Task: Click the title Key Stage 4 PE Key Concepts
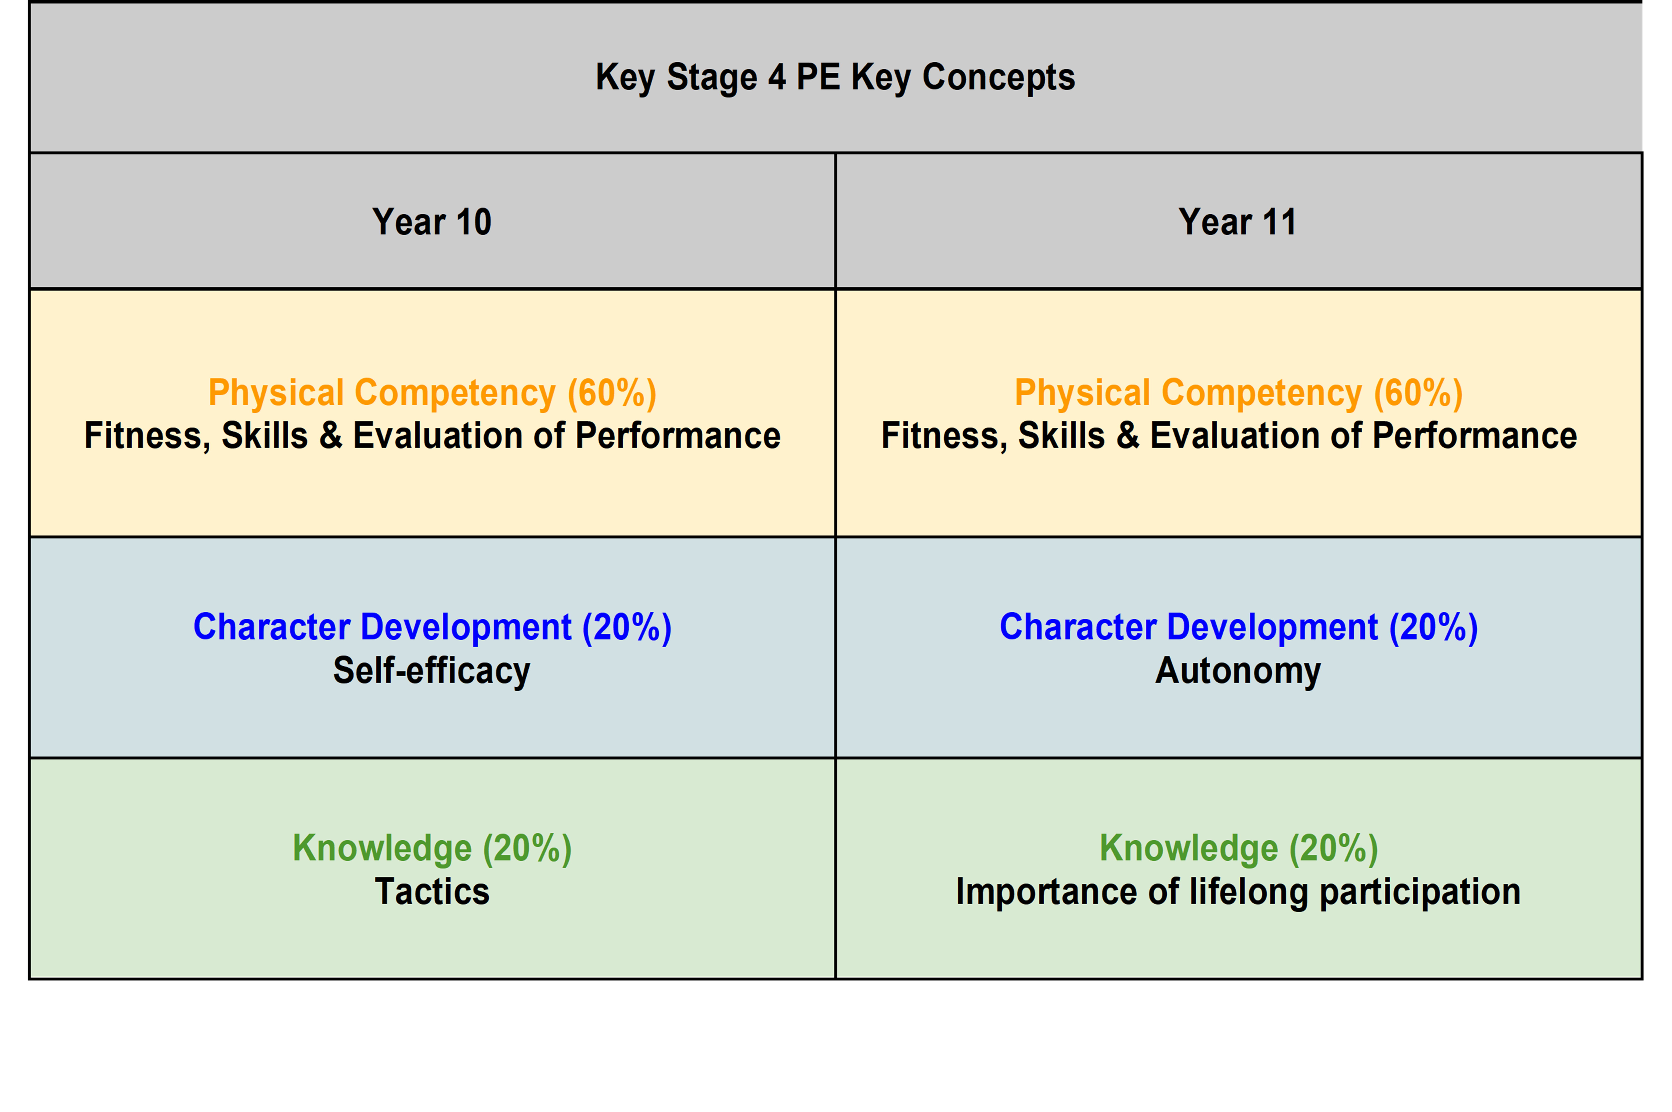[x=835, y=77]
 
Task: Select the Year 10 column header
[x=431, y=222]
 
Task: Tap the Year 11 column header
[x=1238, y=222]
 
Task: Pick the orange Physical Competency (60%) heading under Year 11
[x=1238, y=393]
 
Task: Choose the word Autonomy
[x=1238, y=671]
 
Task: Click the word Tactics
[x=432, y=892]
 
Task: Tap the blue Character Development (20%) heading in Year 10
[x=432, y=628]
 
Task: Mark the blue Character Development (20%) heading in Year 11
[x=1238, y=628]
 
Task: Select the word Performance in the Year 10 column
[x=678, y=435]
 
